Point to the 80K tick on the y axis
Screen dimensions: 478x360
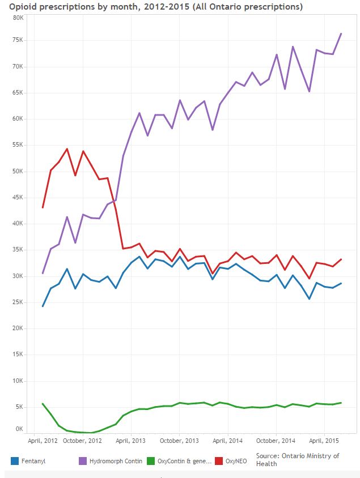(x=18, y=18)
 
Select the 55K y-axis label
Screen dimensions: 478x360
(x=18, y=146)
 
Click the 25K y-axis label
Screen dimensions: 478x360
(x=18, y=302)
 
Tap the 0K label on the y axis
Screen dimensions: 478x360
(x=19, y=429)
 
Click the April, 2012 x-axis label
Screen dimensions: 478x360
(x=43, y=440)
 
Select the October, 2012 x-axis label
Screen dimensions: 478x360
(x=83, y=440)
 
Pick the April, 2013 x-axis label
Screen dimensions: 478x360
(x=131, y=440)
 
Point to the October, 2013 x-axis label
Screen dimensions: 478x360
(x=179, y=440)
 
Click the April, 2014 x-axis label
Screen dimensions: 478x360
(x=228, y=440)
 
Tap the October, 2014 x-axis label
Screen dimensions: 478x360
(x=276, y=440)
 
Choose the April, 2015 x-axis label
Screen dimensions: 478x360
(x=324, y=440)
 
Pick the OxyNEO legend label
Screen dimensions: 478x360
(x=236, y=461)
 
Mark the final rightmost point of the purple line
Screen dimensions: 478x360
(x=341, y=33)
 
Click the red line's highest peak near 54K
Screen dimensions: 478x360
(x=67, y=149)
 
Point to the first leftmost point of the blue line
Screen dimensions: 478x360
(x=43, y=306)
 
